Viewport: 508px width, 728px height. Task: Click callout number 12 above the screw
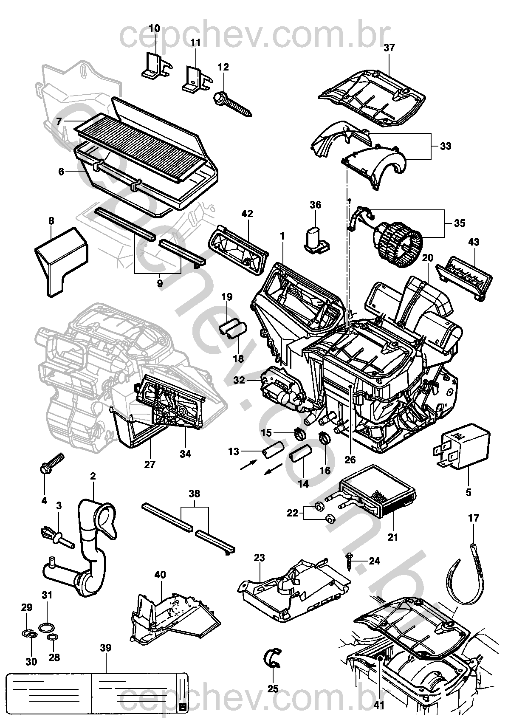(223, 67)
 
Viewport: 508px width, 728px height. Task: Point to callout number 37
(389, 48)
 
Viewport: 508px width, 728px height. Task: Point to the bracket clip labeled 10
(155, 66)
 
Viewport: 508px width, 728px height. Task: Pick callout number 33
(445, 146)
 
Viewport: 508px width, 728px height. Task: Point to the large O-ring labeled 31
(46, 626)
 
